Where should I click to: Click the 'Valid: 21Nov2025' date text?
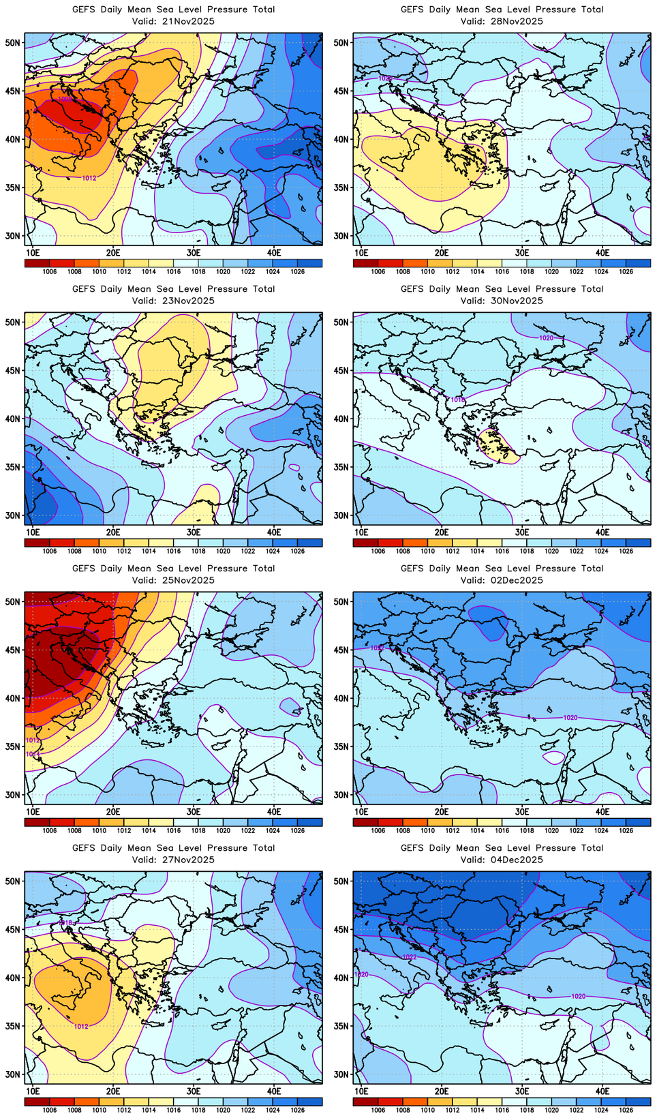[173, 21]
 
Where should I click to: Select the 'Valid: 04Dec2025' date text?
[502, 860]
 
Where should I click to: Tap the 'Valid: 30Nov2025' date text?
[502, 301]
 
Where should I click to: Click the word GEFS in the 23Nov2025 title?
[84, 289]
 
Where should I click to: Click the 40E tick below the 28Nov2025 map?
[602, 252]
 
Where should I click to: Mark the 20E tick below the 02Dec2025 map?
[442, 811]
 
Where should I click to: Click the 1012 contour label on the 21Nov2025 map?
[89, 178]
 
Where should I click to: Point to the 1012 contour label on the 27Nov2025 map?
[81, 1026]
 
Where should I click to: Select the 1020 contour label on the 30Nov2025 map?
[546, 338]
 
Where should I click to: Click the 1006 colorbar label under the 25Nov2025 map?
[50, 830]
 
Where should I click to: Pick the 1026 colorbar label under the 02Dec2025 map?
[626, 830]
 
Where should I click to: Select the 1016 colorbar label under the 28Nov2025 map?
[502, 271]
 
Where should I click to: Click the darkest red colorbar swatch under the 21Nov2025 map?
[37, 263]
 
